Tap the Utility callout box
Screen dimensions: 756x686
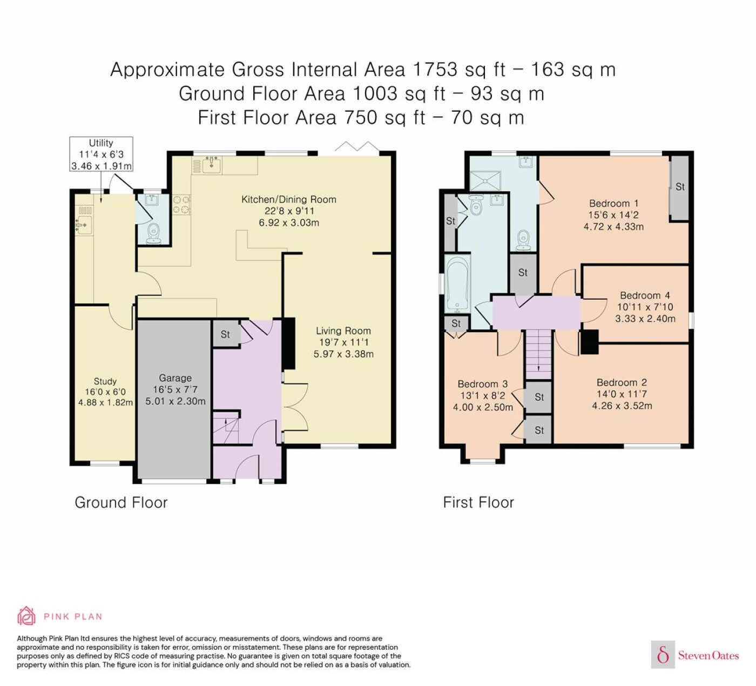pos(101,154)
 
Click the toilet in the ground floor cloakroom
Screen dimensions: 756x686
pos(153,234)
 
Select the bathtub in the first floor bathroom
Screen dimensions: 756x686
pos(457,284)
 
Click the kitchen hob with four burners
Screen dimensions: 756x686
pos(181,205)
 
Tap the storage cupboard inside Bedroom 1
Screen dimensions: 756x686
pos(679,188)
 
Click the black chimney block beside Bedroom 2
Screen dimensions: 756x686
pos(590,342)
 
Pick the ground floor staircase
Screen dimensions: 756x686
pos(226,427)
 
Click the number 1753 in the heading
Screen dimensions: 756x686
pos(435,69)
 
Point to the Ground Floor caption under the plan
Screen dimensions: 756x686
pos(121,502)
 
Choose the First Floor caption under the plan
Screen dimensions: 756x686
pos(478,502)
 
